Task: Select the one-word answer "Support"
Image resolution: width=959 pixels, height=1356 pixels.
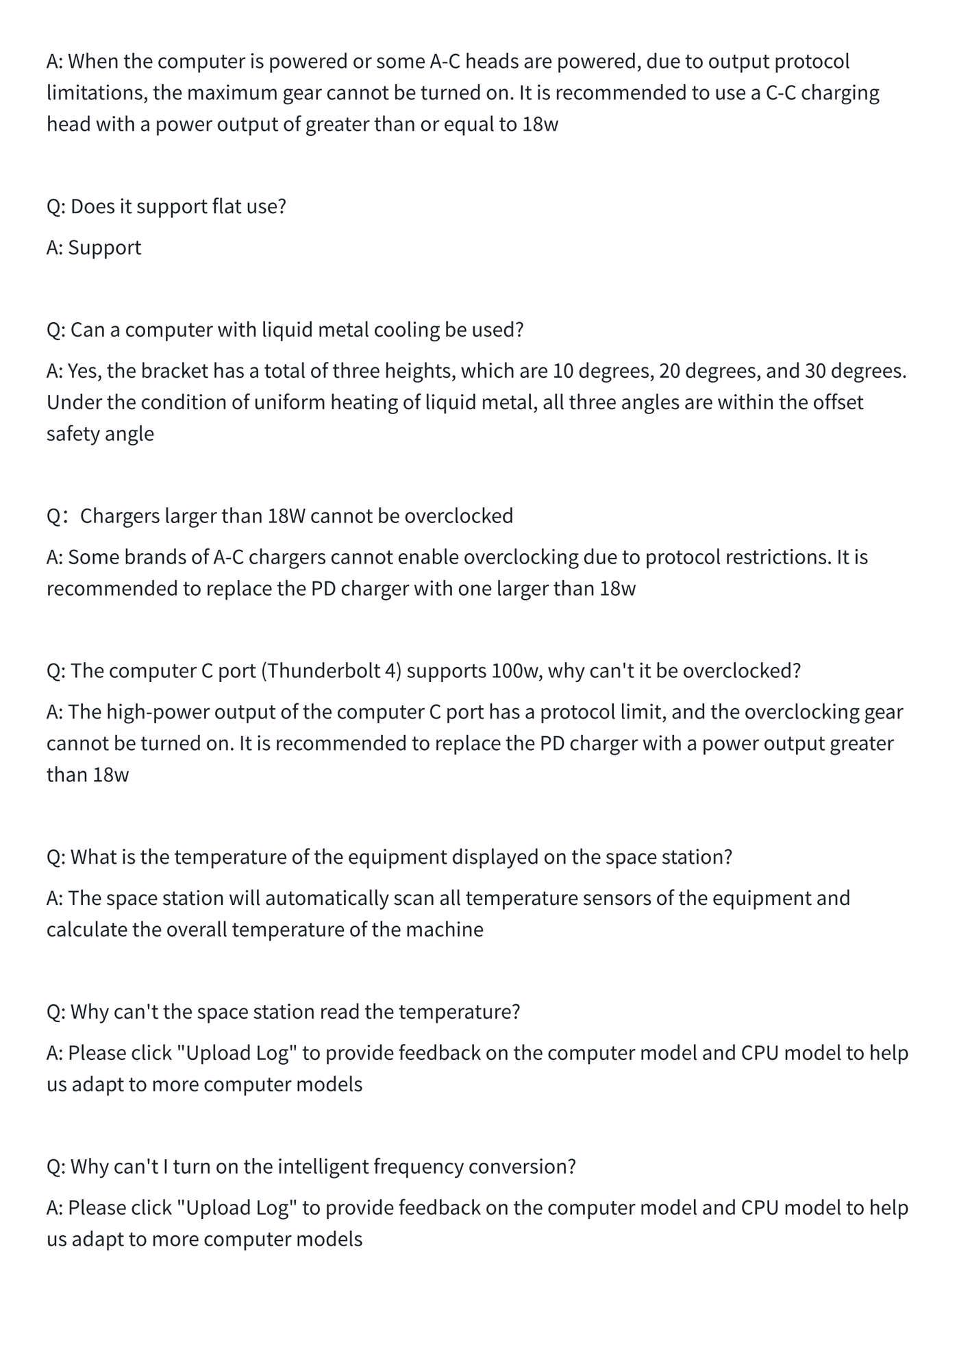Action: point(104,247)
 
